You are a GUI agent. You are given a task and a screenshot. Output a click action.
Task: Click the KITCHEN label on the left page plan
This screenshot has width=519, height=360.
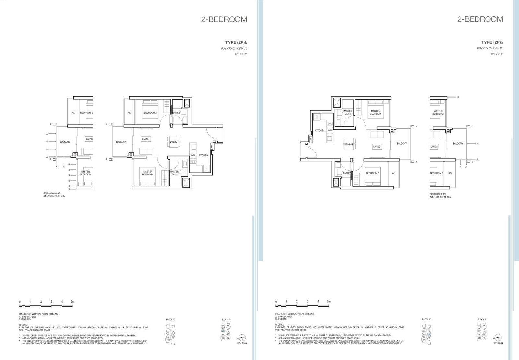[203, 155]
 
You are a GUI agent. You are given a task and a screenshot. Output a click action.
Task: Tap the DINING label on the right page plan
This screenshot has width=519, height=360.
[349, 144]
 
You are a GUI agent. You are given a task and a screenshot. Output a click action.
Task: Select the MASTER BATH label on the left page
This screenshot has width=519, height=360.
[174, 173]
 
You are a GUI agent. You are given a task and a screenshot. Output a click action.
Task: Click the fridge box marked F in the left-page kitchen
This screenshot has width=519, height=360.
[206, 169]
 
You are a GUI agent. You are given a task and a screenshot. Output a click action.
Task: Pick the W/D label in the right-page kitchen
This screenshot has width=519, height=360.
[330, 130]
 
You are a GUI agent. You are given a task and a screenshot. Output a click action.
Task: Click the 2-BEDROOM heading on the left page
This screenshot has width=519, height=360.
[224, 19]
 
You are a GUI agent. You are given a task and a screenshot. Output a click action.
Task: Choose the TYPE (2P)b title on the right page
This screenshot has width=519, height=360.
[492, 42]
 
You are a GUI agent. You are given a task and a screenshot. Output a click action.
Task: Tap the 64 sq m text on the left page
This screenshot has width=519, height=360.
[241, 54]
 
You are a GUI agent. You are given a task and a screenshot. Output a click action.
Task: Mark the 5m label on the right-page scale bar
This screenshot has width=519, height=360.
[329, 302]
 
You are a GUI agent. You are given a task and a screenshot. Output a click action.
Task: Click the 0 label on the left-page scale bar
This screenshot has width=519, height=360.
[20, 302]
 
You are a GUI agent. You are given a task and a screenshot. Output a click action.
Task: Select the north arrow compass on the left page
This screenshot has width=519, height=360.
[242, 337]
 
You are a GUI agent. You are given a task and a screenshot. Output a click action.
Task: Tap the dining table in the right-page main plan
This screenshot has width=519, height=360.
[349, 144]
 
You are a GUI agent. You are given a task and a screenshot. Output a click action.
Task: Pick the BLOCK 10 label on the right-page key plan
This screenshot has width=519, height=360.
[427, 319]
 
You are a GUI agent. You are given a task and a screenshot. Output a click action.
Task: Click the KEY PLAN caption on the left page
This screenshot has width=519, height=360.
[242, 343]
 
